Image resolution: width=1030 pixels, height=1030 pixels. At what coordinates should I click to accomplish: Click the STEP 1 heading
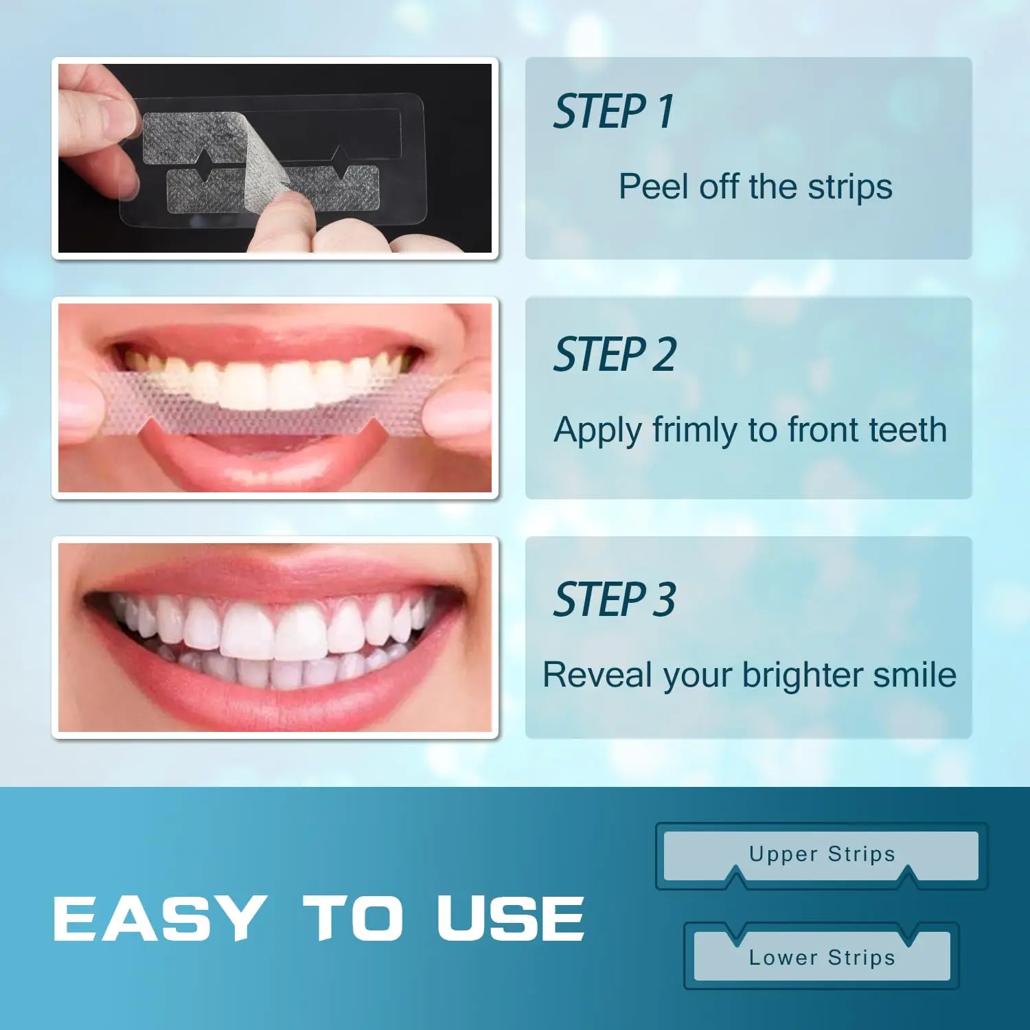tap(613, 112)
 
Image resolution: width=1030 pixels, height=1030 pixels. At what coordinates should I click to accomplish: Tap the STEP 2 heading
tap(615, 355)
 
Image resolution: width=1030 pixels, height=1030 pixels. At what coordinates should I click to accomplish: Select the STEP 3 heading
tap(615, 599)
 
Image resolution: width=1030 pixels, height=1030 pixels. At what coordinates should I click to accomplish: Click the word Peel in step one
tap(654, 187)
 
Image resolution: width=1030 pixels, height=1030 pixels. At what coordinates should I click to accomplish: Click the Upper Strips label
tap(822, 854)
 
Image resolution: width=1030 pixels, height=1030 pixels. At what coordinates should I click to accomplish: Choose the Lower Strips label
tap(822, 957)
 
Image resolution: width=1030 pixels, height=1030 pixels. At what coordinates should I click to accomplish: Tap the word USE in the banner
tap(510, 918)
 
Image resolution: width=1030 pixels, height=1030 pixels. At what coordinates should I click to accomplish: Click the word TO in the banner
tap(352, 918)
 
